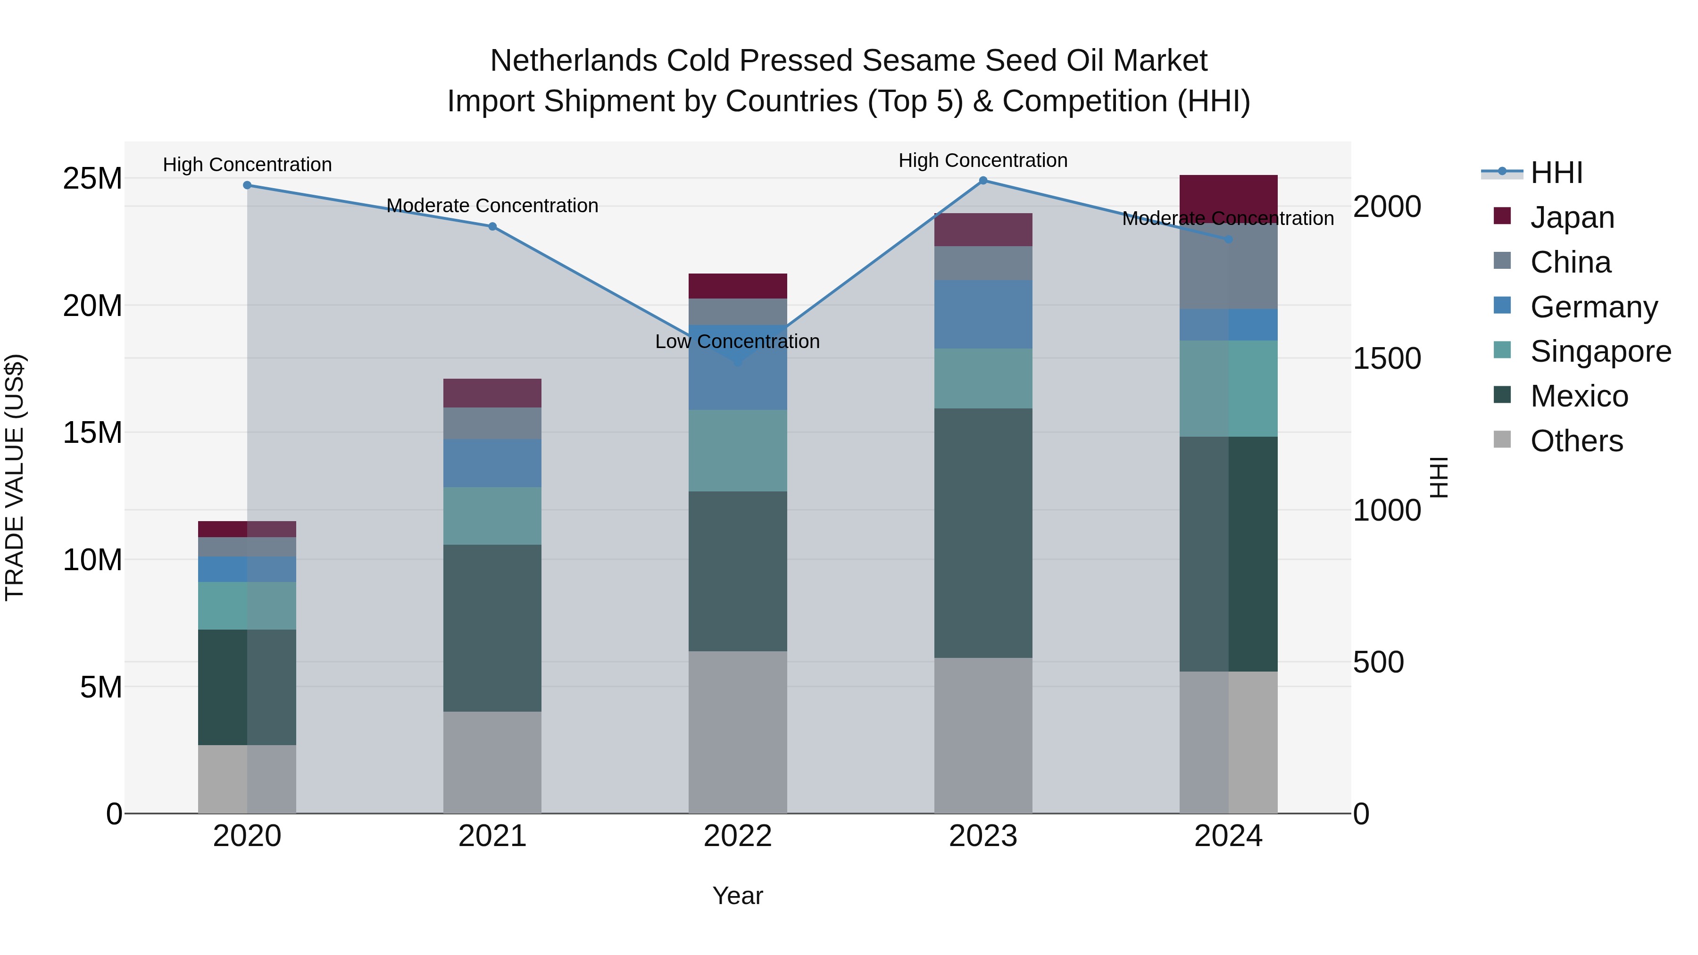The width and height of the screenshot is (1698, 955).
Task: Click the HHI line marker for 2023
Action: (x=983, y=181)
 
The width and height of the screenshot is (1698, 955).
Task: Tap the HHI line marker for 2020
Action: (x=247, y=185)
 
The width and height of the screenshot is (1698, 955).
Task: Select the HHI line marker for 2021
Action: (x=492, y=227)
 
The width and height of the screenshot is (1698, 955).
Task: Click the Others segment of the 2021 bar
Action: (x=492, y=762)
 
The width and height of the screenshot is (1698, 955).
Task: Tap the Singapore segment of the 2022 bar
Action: (x=738, y=451)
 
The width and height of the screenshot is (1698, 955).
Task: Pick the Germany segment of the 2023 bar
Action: (x=983, y=315)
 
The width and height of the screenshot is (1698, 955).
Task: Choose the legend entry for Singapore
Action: (x=1600, y=351)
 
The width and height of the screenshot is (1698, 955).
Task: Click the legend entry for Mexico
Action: (x=1579, y=396)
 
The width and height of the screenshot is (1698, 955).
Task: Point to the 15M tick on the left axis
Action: (x=92, y=433)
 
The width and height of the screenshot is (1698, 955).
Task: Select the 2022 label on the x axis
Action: (x=738, y=836)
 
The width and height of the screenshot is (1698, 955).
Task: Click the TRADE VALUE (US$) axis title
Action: (x=15, y=477)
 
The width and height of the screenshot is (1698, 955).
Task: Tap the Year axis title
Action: (x=738, y=896)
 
